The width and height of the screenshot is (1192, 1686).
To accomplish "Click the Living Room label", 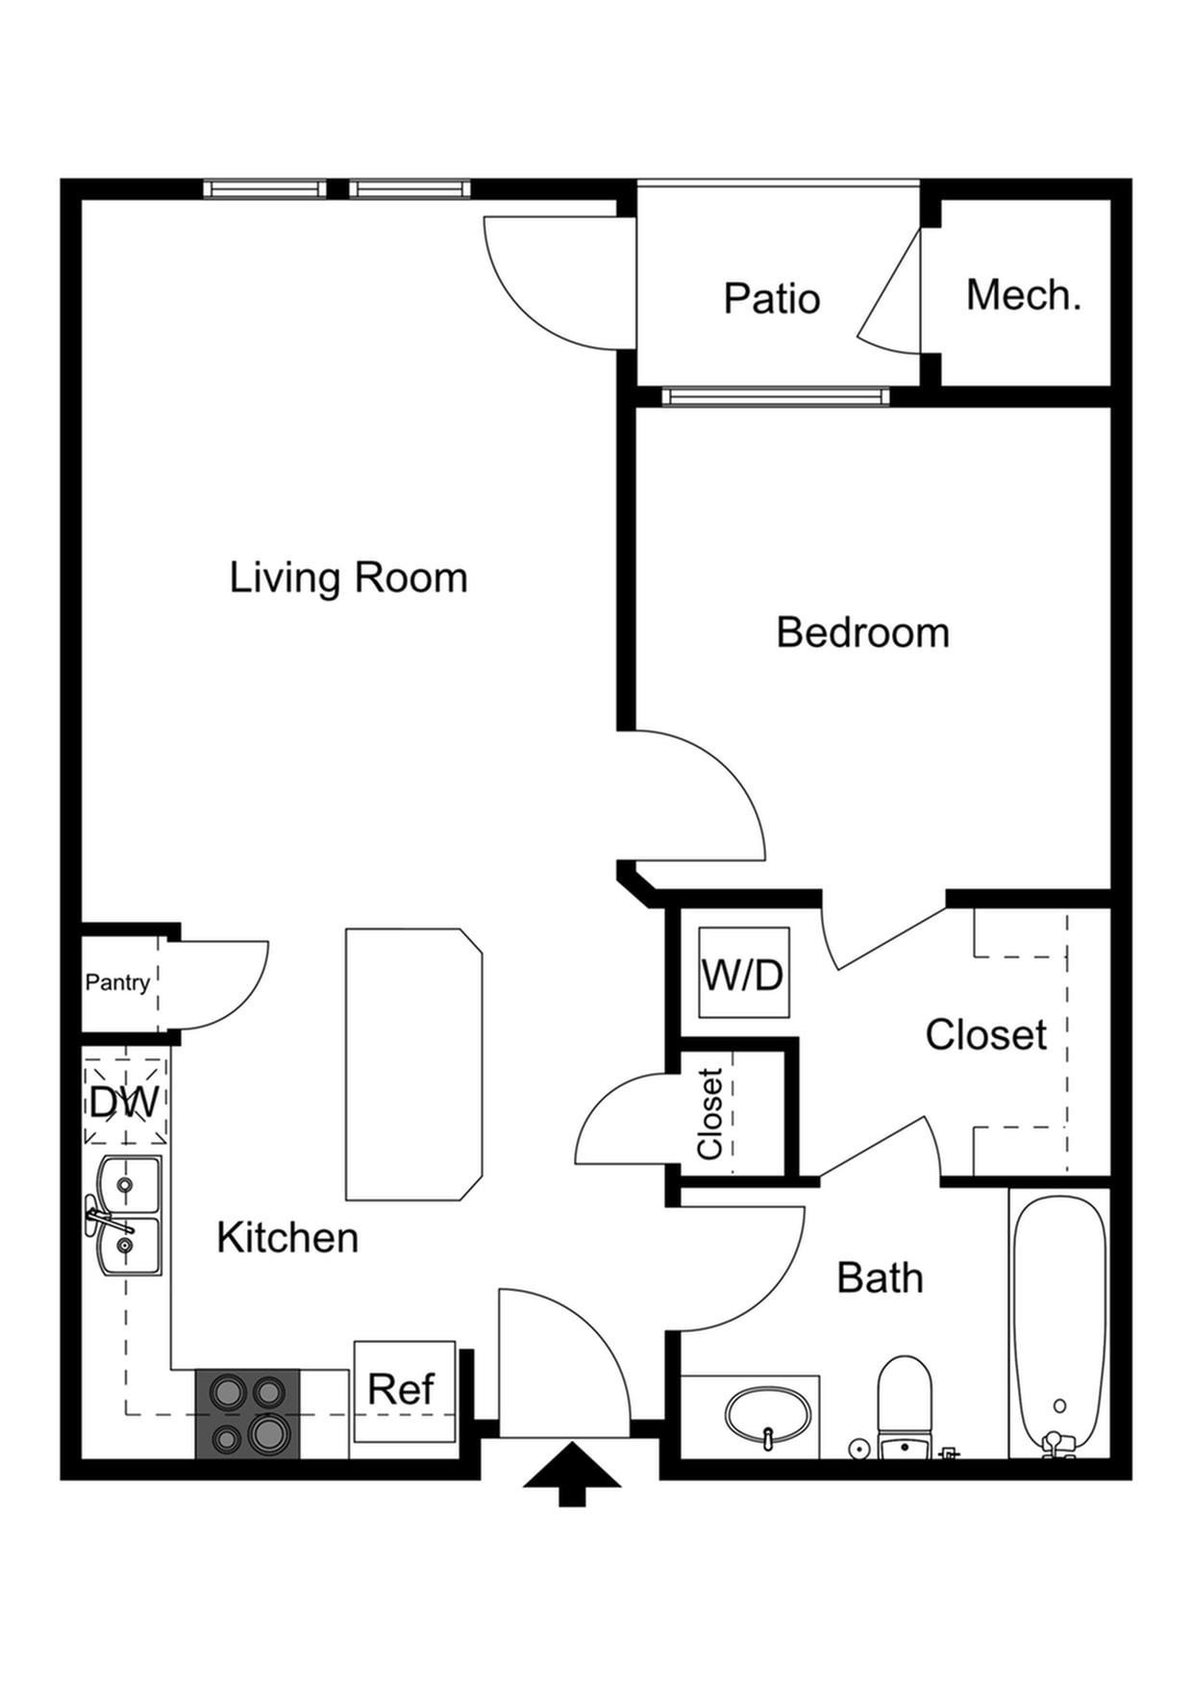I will coord(348,578).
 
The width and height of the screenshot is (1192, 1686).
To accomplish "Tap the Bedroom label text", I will coord(862,632).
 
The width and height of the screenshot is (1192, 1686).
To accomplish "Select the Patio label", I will coord(771,299).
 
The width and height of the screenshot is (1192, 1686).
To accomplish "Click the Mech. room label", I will coord(1023,295).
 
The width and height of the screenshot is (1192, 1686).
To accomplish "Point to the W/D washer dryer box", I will coord(743,973).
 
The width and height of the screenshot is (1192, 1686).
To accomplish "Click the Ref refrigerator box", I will coord(404,1390).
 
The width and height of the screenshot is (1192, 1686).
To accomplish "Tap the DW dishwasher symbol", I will coord(125,1102).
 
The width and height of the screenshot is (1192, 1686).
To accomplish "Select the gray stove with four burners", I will coord(248,1414).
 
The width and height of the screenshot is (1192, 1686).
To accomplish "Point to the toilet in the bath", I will coord(905,1403).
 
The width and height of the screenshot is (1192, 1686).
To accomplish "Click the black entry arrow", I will coord(572,1473).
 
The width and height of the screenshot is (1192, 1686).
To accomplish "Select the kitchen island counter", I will coord(413,1064).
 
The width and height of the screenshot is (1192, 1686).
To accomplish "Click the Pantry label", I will coord(117,982).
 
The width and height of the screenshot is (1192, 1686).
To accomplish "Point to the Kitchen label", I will coord(287,1238).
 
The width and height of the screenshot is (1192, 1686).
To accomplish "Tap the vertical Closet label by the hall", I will coord(709,1113).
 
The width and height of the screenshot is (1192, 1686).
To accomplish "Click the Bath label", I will coord(880,1278).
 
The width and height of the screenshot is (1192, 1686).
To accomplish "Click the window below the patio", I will coord(775,396).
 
